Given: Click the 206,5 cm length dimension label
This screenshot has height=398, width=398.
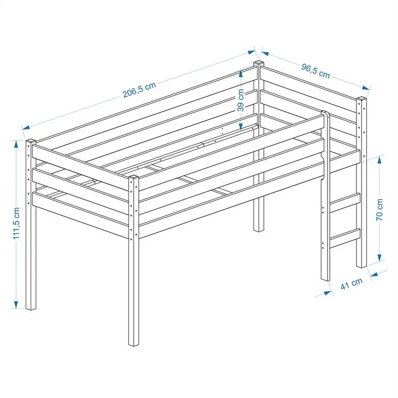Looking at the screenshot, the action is click(139, 90).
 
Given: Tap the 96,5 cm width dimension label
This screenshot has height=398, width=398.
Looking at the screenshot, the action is click(316, 71).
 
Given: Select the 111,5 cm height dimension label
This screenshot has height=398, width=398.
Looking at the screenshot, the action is click(16, 223).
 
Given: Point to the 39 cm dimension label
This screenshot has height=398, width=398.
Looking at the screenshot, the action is click(241, 100).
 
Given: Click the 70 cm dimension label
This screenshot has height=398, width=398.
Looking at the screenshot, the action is click(379, 210).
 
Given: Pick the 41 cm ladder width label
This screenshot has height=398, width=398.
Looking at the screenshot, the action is click(351, 284).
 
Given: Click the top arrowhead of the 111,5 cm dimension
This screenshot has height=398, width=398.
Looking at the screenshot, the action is click(16, 144).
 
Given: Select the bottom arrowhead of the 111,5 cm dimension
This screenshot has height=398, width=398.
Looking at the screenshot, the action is click(16, 305).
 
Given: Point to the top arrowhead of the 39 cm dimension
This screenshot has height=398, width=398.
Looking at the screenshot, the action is click(241, 73).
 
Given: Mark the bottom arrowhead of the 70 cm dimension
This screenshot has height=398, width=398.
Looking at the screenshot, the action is click(379, 258).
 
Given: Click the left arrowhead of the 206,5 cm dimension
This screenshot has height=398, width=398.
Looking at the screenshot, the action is click(26, 127).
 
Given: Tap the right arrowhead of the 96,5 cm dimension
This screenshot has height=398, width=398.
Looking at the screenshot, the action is click(366, 88).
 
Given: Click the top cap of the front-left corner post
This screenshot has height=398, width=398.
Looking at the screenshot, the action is click(31, 141).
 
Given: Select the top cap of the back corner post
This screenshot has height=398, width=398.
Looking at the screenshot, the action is click(259, 63).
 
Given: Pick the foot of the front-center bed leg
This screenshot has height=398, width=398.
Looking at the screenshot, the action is click(134, 343).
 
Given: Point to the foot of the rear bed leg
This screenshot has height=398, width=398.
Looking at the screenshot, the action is click(259, 229).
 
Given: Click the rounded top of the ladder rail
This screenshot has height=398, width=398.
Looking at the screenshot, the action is click(326, 113).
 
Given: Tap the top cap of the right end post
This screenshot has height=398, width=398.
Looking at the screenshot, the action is click(362, 99).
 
